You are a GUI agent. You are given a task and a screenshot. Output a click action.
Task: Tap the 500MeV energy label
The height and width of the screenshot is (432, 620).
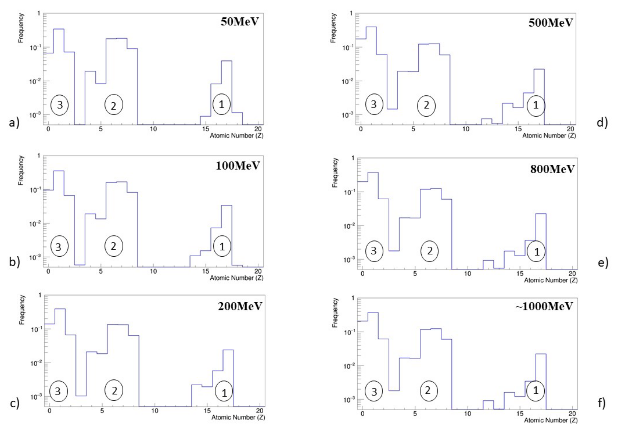(x=550, y=23)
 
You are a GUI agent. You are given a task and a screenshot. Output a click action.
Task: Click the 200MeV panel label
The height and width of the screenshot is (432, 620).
(x=240, y=306)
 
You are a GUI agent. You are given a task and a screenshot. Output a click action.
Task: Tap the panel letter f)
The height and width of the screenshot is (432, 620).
(x=602, y=403)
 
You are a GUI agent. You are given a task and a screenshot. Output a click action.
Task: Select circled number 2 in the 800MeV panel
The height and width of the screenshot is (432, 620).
(x=429, y=251)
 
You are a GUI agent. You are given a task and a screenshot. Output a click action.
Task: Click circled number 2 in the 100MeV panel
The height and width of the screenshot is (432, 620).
(x=114, y=246)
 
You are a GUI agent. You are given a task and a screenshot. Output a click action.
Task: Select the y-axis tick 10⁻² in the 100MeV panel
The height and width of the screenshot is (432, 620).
(x=35, y=224)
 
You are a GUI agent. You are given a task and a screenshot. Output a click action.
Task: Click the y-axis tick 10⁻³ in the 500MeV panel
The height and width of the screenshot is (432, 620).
(x=347, y=115)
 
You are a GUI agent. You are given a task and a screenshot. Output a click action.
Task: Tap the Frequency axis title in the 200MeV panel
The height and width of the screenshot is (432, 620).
(x=22, y=310)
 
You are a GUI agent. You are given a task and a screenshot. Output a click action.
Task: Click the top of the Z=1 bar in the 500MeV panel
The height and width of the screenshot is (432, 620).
(x=371, y=27)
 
